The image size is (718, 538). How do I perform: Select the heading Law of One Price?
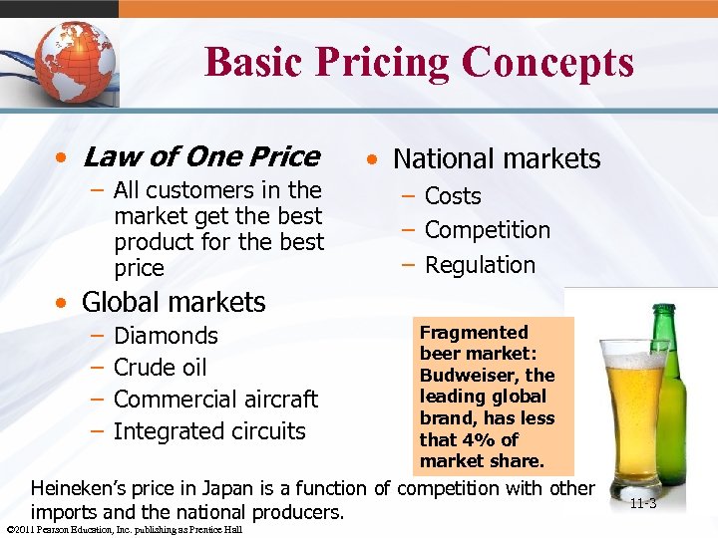click(x=201, y=156)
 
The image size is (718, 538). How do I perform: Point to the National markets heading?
click(x=497, y=158)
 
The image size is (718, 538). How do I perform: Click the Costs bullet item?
click(x=453, y=196)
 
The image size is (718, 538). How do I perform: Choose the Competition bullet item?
click(x=488, y=230)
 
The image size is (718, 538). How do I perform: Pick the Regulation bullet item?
click(x=480, y=265)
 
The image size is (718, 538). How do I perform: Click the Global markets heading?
click(x=174, y=302)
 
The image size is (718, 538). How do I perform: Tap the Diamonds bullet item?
click(x=166, y=336)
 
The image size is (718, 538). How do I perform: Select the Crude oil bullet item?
click(x=160, y=368)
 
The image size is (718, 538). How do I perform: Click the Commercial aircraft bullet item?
click(x=215, y=400)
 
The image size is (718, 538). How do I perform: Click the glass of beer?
click(x=633, y=408)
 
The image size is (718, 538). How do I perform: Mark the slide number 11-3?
click(x=643, y=503)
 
